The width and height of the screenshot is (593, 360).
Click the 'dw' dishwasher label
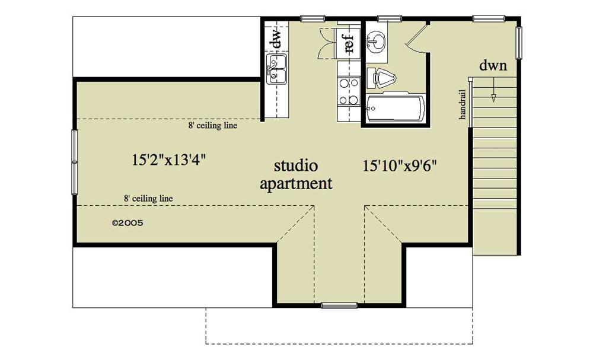(275, 39)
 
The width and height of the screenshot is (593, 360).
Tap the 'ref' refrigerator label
(349, 43)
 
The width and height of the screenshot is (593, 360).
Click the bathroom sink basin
(375, 42)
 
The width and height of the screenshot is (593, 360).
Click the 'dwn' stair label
(493, 66)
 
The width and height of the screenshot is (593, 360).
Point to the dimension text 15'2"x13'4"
(168, 160)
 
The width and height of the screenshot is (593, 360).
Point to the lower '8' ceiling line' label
(148, 199)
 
